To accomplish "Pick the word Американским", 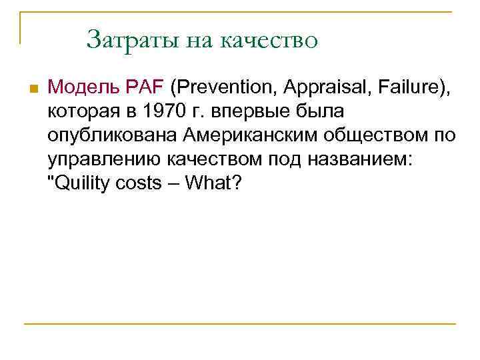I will (x=239, y=135).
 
